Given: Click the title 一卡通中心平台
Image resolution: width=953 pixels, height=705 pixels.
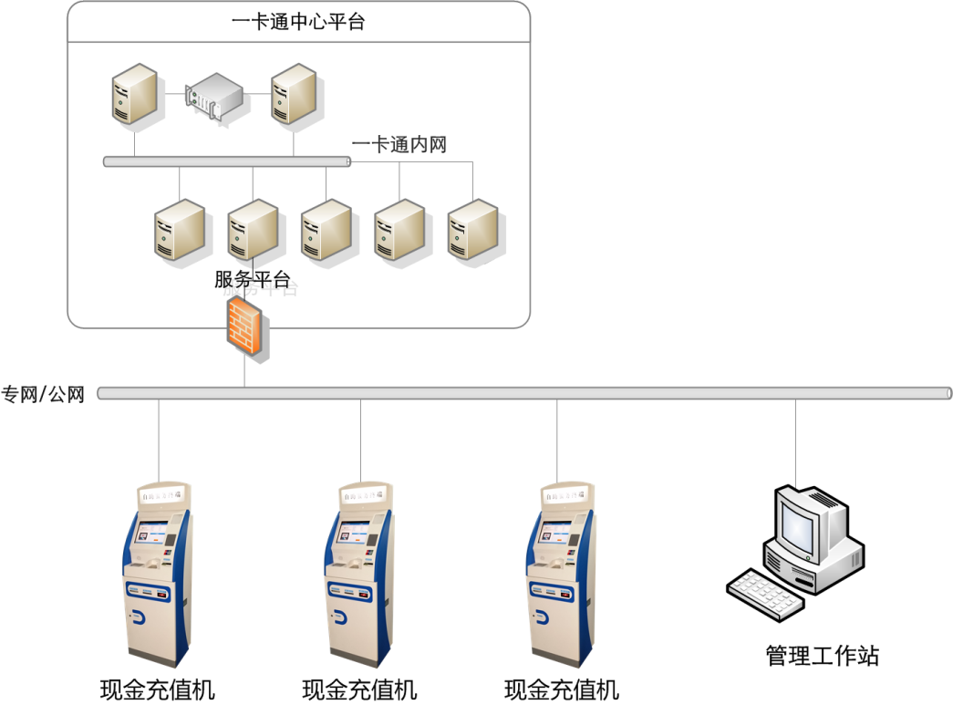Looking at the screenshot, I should tap(298, 22).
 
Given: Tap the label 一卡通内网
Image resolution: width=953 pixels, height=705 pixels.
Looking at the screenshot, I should tap(399, 144).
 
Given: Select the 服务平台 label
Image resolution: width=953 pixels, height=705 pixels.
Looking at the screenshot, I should tap(252, 280).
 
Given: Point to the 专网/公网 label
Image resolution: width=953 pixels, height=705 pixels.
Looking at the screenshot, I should tap(43, 394).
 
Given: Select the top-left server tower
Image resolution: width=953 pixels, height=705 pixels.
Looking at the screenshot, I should tap(134, 94).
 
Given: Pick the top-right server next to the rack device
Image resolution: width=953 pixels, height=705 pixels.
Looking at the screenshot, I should tap(294, 94).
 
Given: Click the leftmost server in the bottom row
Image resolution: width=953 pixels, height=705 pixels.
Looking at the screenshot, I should tap(178, 229).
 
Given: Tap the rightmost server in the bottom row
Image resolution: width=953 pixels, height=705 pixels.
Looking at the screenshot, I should tap(472, 229).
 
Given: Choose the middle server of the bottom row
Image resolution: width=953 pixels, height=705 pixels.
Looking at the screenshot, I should tap(326, 229).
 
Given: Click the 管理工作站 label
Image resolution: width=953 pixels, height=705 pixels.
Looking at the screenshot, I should tap(823, 655).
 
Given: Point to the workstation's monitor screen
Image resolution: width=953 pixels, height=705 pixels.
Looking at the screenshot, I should tap(793, 524).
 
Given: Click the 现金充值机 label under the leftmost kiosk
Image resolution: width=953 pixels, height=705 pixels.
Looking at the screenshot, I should tap(157, 689).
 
